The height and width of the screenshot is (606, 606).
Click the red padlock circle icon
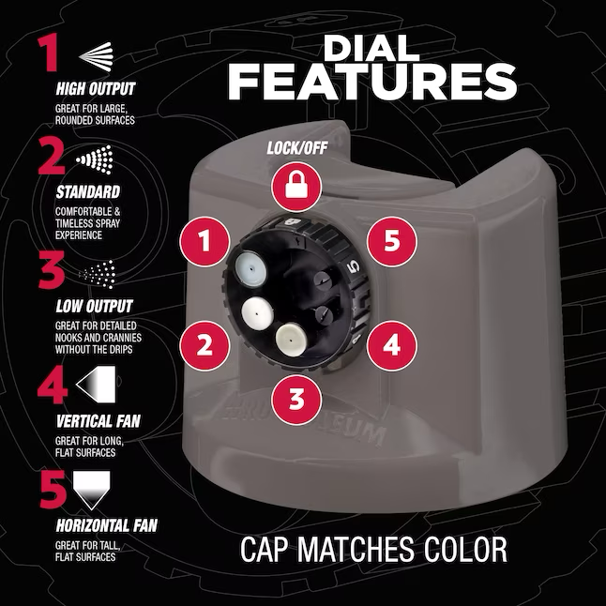click(x=296, y=187)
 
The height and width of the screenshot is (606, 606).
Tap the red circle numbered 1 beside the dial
click(x=205, y=241)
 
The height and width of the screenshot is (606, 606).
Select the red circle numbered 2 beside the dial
click(x=205, y=345)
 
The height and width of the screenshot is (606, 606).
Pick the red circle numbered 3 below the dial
click(x=296, y=399)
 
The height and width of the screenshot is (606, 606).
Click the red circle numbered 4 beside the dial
click(x=391, y=345)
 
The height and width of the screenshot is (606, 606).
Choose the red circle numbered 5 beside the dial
click(x=391, y=241)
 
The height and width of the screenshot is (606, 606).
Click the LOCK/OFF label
click(x=297, y=147)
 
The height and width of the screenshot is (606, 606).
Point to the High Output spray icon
click(x=96, y=56)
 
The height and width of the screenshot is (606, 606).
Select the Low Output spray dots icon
click(x=97, y=274)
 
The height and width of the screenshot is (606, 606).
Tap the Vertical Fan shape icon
click(x=96, y=385)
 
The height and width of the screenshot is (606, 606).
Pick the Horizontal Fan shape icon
click(x=92, y=491)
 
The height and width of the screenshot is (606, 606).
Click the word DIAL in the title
click(x=371, y=49)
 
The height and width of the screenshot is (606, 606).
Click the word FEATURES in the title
click(x=372, y=82)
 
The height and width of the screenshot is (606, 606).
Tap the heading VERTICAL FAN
click(x=98, y=421)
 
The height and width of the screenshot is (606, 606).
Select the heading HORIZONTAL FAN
click(x=107, y=525)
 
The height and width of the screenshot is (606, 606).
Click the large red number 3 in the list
click(x=52, y=270)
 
